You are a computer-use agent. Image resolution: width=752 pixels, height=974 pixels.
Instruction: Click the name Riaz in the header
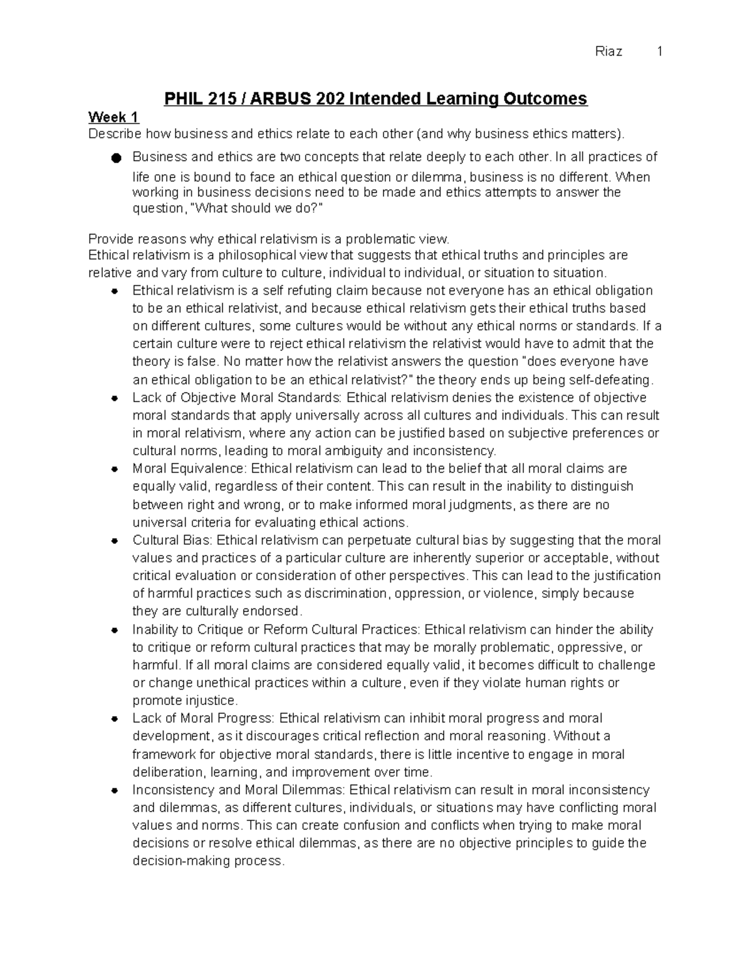608,52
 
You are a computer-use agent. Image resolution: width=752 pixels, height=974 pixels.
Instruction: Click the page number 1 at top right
659,52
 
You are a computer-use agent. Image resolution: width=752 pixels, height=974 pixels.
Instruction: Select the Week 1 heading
113,117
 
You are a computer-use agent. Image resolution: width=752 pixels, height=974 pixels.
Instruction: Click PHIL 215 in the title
196,99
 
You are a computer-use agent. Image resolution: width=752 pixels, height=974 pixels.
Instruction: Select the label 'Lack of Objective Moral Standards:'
238,398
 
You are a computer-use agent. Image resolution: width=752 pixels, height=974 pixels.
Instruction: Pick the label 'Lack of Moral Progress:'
204,718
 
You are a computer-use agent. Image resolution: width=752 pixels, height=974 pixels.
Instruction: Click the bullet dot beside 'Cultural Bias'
115,541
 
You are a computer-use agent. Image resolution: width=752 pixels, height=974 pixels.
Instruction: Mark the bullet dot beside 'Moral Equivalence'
115,469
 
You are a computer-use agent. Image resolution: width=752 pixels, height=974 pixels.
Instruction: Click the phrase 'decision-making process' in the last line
207,861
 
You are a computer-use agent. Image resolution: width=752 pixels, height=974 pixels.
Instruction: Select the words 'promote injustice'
185,701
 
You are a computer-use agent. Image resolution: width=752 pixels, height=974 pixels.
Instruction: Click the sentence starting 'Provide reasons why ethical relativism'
269,239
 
